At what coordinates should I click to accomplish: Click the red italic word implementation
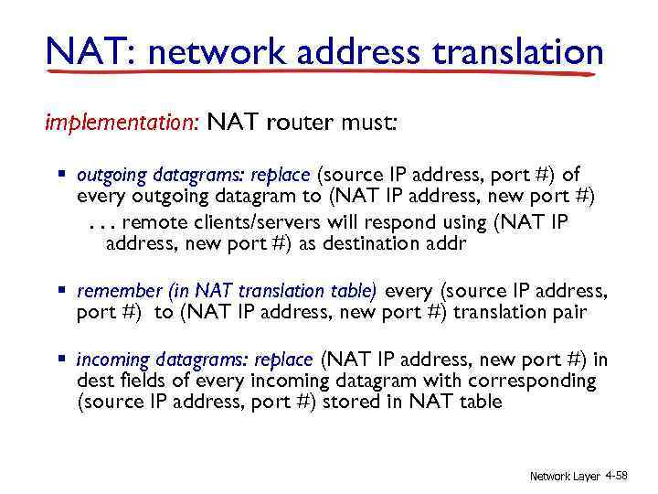point(122,123)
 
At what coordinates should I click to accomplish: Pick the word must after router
point(366,123)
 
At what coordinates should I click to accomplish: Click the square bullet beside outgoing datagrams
point(64,174)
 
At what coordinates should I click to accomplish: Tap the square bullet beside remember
point(64,291)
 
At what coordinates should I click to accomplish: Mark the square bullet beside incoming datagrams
point(64,358)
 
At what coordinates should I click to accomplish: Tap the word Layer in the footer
point(581,477)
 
